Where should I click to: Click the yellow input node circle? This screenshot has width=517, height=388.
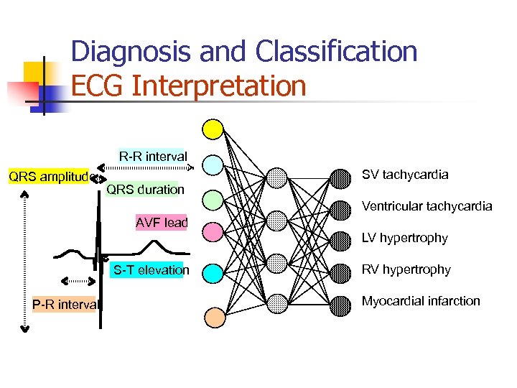(213, 129)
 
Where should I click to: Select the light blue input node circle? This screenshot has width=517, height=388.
(213, 165)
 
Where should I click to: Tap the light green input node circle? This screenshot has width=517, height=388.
(213, 199)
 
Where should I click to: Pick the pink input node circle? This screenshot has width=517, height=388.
(213, 232)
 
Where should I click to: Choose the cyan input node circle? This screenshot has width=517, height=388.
(213, 272)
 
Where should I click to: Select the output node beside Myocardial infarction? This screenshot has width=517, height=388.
(341, 305)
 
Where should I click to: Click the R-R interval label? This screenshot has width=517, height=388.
(152, 156)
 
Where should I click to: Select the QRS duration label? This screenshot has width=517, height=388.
(145, 190)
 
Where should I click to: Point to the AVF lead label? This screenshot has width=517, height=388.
(162, 223)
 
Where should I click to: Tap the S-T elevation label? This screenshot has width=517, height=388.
(151, 270)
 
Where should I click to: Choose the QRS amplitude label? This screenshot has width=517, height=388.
(47, 177)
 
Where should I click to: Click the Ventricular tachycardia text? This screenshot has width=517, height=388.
(427, 206)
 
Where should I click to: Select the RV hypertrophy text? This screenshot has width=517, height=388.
(406, 269)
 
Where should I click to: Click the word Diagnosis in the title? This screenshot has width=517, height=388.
(132, 52)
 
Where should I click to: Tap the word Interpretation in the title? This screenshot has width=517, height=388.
(220, 86)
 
